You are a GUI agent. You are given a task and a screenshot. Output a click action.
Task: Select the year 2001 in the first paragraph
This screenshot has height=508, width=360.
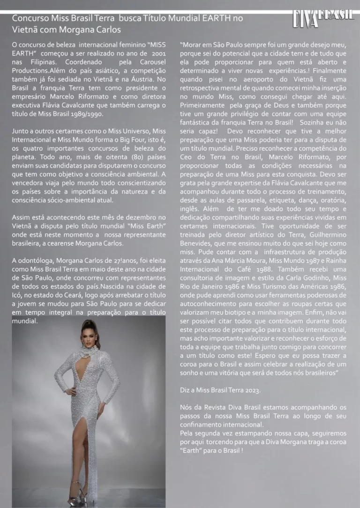click(x=159, y=54)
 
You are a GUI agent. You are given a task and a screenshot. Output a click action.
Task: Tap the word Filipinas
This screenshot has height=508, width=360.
click(x=41, y=62)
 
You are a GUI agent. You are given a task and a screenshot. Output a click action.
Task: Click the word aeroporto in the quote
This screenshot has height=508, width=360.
click(x=240, y=80)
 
